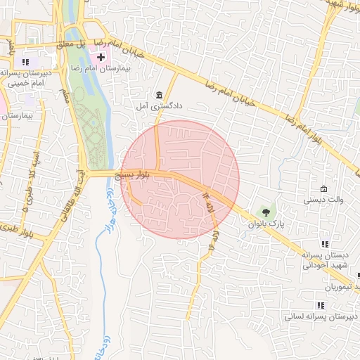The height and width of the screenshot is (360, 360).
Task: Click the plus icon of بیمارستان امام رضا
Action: click(x=101, y=56)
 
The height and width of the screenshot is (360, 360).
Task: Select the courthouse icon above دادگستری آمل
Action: click(x=160, y=95)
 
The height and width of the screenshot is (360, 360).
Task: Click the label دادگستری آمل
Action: click(x=160, y=105)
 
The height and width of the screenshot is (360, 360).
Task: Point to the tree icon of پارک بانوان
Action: click(x=266, y=212)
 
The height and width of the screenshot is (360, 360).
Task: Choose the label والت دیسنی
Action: click(x=323, y=200)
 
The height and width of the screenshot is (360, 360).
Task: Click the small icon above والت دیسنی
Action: click(x=323, y=189)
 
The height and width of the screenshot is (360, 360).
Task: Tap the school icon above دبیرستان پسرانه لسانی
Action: click(x=321, y=305)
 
